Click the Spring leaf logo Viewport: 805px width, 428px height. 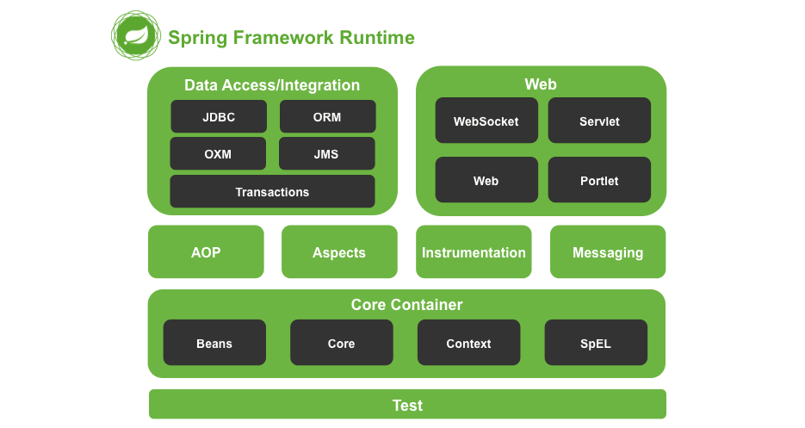click(x=136, y=35)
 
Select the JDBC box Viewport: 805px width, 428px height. click(x=219, y=116)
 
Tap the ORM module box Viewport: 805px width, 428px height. click(x=327, y=116)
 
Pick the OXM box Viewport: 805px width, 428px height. click(x=218, y=153)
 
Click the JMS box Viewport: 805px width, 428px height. click(x=327, y=153)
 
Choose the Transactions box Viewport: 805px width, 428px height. click(x=273, y=192)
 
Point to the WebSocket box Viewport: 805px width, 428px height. click(x=486, y=121)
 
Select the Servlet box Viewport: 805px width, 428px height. click(x=599, y=121)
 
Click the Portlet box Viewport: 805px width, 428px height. click(x=599, y=180)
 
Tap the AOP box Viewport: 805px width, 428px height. click(x=206, y=251)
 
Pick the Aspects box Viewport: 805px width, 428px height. click(x=339, y=251)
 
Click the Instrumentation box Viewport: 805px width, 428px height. click(x=474, y=251)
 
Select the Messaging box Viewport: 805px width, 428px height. click(x=608, y=251)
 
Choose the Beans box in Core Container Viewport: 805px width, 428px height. click(x=214, y=343)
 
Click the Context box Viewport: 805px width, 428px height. click(x=468, y=343)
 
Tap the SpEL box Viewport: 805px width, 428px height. click(x=596, y=343)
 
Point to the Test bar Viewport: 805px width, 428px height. click(x=407, y=405)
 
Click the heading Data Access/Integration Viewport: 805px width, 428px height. click(x=272, y=84)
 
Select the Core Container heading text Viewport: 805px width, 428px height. click(x=406, y=305)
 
